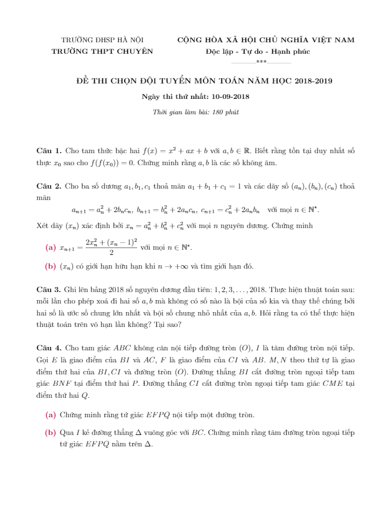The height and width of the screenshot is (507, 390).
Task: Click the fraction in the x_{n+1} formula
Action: [111, 247]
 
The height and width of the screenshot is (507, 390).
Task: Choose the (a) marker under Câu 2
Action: [50, 247]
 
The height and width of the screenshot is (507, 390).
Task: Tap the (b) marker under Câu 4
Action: [50, 433]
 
